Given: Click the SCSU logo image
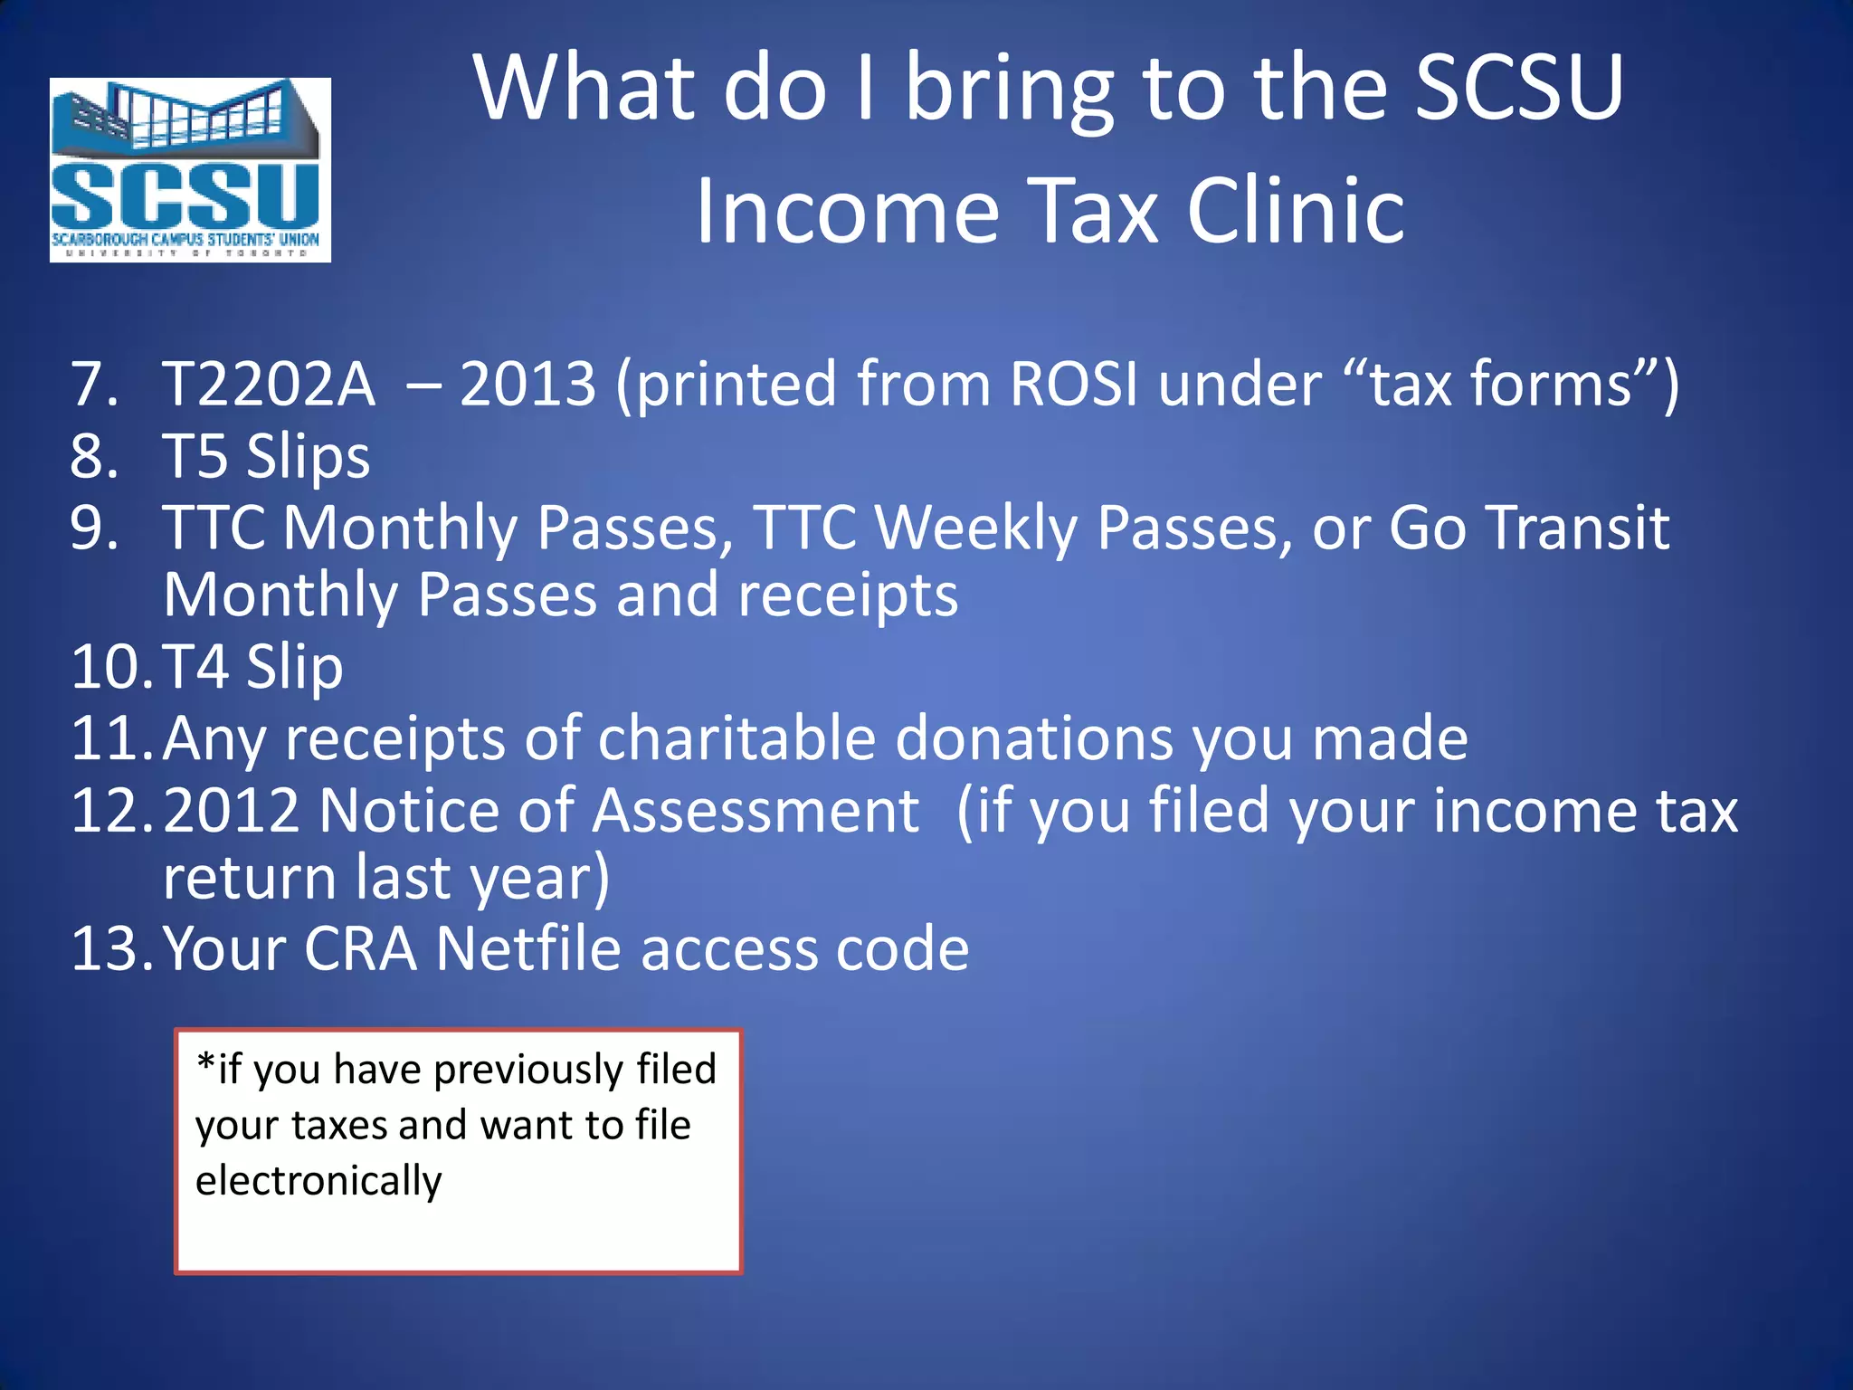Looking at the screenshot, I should [190, 170].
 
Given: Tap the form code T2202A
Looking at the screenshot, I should [269, 384].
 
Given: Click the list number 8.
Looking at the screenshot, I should [94, 456].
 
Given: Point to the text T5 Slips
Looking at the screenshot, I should [266, 456].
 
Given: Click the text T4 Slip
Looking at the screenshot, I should [253, 668].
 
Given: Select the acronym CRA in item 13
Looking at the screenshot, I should [360, 949].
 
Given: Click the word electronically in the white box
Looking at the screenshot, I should [318, 1181].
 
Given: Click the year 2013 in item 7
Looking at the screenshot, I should [527, 384].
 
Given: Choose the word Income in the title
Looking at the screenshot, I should [847, 211].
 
